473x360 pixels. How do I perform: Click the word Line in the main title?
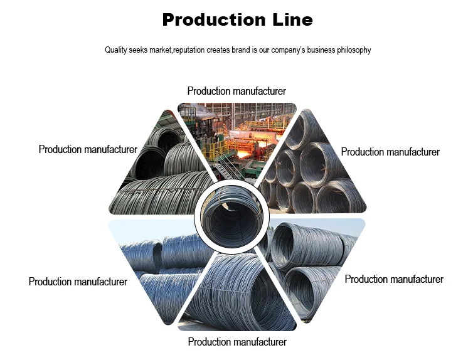pyautogui.click(x=292, y=20)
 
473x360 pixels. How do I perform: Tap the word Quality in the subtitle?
pyautogui.click(x=115, y=50)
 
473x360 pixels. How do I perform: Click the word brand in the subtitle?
pyautogui.click(x=242, y=50)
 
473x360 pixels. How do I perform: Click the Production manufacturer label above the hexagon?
pyautogui.click(x=236, y=92)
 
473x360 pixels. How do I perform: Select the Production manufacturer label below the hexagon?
pyautogui.click(x=237, y=342)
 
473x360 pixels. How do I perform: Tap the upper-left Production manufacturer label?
pyautogui.click(x=88, y=150)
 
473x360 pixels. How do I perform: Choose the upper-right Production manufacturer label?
pyautogui.click(x=390, y=152)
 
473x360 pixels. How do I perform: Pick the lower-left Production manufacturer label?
pyautogui.click(x=78, y=282)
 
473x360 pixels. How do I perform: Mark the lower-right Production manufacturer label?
pyautogui.click(x=394, y=279)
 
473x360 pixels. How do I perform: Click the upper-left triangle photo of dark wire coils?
pyautogui.click(x=162, y=169)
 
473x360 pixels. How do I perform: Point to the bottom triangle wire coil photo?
pyautogui.click(x=236, y=295)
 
